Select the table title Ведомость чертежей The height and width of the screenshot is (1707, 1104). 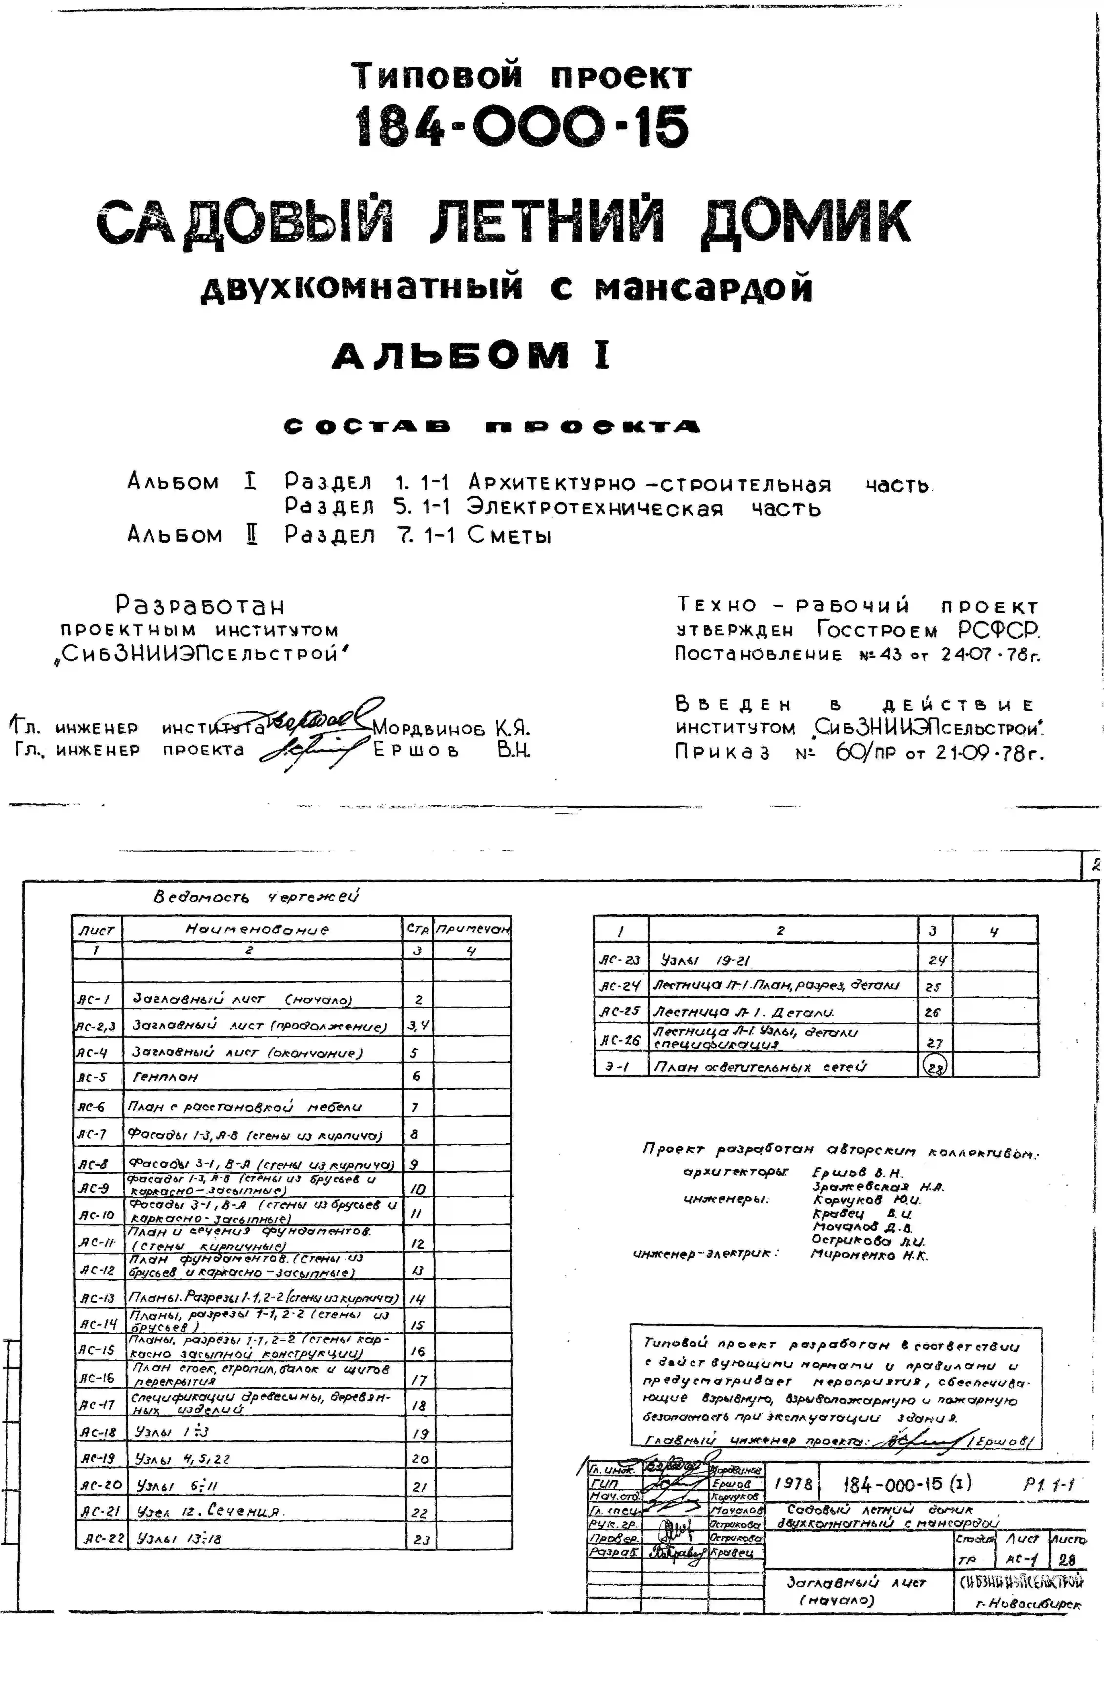pos(256,896)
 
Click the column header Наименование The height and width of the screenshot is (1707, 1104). pos(257,929)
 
